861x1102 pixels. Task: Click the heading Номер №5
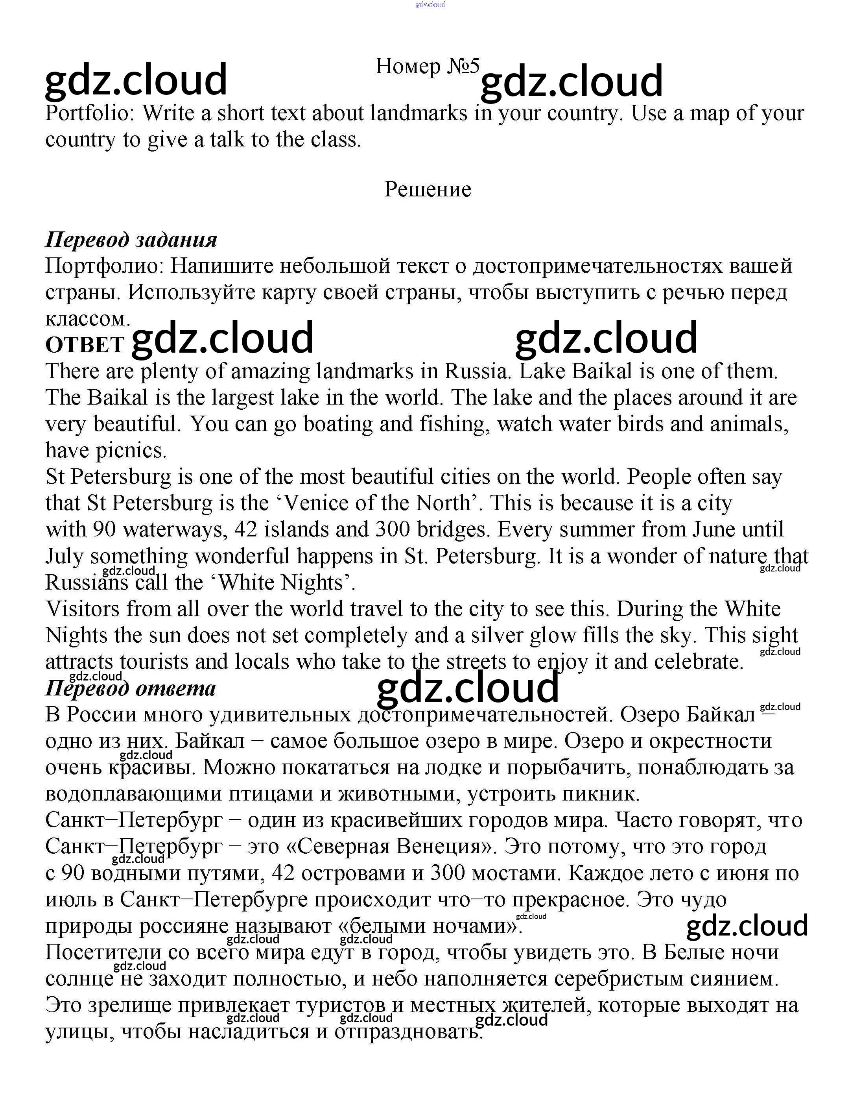[427, 66]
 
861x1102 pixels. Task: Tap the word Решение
[428, 190]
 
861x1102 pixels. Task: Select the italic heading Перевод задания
[131, 240]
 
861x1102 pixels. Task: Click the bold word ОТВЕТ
[85, 345]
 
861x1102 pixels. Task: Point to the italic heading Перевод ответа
[131, 689]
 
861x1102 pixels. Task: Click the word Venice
[319, 503]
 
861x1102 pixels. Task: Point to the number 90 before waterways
[104, 530]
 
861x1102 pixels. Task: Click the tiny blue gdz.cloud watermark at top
[430, 5]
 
